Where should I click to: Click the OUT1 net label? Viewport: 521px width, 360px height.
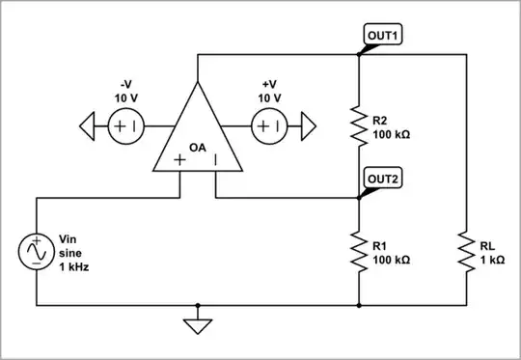coord(383,36)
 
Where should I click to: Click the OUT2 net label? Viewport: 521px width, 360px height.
coord(383,178)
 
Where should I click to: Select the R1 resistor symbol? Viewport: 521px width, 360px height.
coord(359,252)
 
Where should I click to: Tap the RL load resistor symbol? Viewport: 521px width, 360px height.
coord(467,252)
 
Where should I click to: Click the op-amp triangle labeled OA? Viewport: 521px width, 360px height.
coord(198,135)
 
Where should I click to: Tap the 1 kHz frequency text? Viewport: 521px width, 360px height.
coord(73,266)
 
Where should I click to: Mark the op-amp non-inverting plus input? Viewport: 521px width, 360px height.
coord(179,160)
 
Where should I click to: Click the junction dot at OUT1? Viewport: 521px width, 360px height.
coord(359,55)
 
